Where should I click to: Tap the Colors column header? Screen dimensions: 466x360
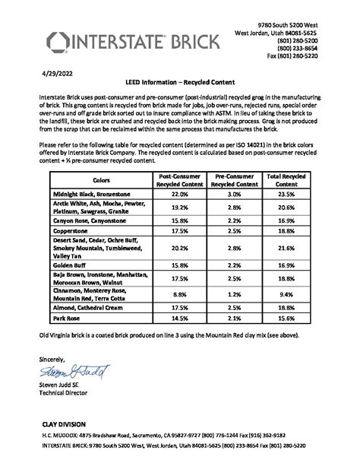tap(100, 180)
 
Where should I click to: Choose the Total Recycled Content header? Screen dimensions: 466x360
tap(287, 180)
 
